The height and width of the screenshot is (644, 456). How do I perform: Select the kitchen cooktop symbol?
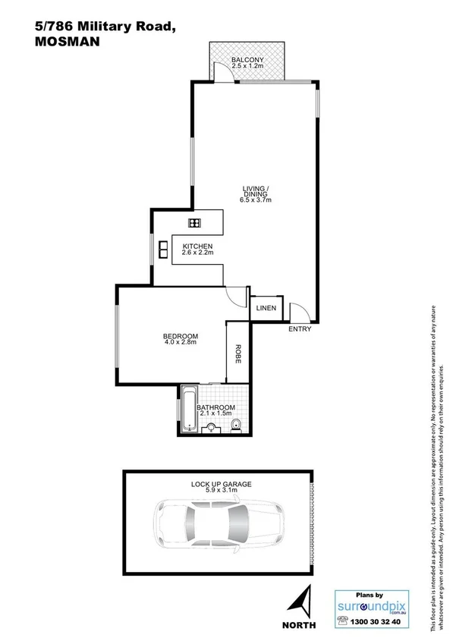195,222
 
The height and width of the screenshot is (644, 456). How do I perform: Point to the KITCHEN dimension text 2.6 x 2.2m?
197,253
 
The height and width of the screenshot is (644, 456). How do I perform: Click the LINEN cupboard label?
266,308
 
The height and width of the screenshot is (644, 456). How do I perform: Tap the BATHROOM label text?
215,407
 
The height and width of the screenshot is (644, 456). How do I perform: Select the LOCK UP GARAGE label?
221,483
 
